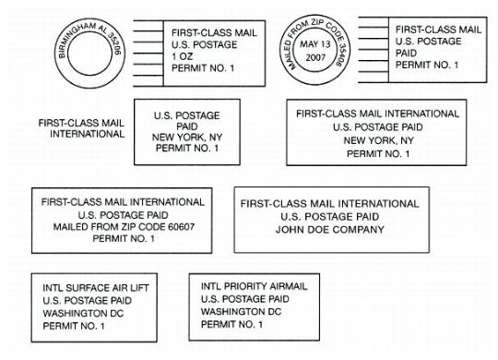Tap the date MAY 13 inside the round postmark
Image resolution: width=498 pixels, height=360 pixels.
pyautogui.click(x=313, y=42)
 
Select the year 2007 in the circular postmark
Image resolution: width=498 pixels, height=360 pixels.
pyautogui.click(x=313, y=57)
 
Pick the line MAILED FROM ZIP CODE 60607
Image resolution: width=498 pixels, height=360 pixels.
pyautogui.click(x=119, y=225)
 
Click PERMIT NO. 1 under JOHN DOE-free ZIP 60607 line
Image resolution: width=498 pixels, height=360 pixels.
pyautogui.click(x=124, y=238)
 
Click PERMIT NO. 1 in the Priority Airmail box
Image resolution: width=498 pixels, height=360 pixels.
pyautogui.click(x=231, y=324)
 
